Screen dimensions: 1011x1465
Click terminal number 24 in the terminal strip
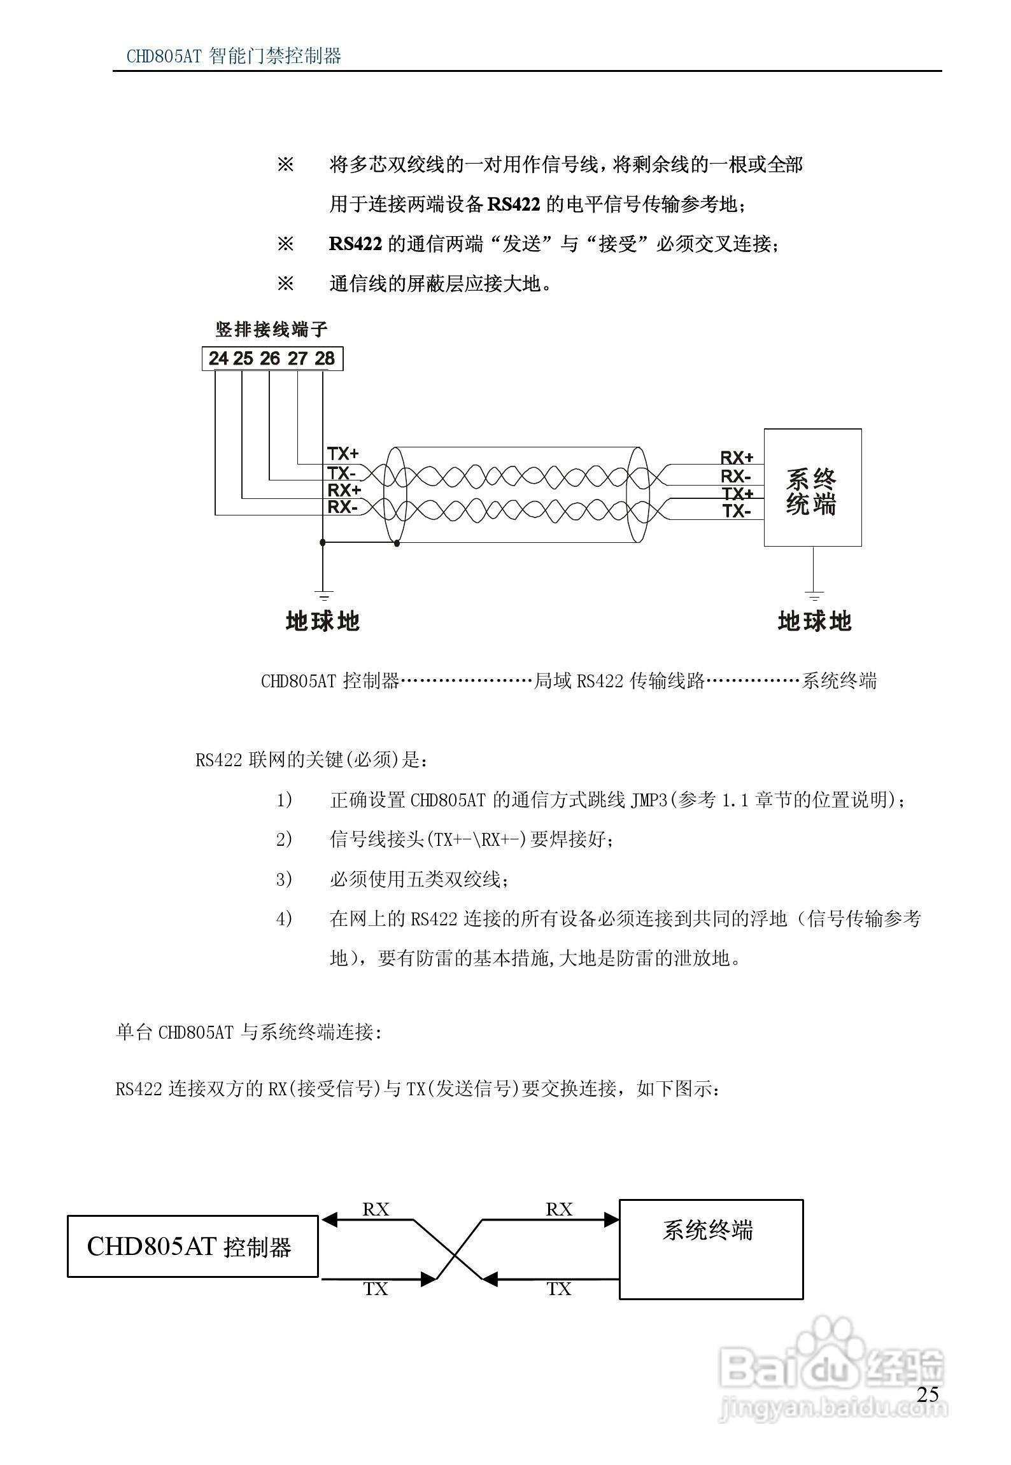218,359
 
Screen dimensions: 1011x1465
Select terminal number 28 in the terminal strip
325,359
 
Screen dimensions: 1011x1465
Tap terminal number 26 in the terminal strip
270,359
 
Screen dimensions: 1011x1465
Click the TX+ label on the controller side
343,454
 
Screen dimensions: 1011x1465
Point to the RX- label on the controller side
342,507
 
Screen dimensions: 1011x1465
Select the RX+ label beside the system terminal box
737,458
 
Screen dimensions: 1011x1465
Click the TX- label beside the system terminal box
737,511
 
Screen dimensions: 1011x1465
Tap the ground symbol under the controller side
323,596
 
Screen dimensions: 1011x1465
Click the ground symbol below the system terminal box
814,596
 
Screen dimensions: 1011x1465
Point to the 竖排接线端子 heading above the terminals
272,330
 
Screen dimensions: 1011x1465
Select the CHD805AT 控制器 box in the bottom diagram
192,1246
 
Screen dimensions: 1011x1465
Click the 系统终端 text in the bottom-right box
707,1230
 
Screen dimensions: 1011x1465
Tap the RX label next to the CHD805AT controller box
376,1209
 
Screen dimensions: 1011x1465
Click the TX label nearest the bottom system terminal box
559,1289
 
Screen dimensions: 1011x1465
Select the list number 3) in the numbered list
284,880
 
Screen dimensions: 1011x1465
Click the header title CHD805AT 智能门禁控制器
234,57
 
